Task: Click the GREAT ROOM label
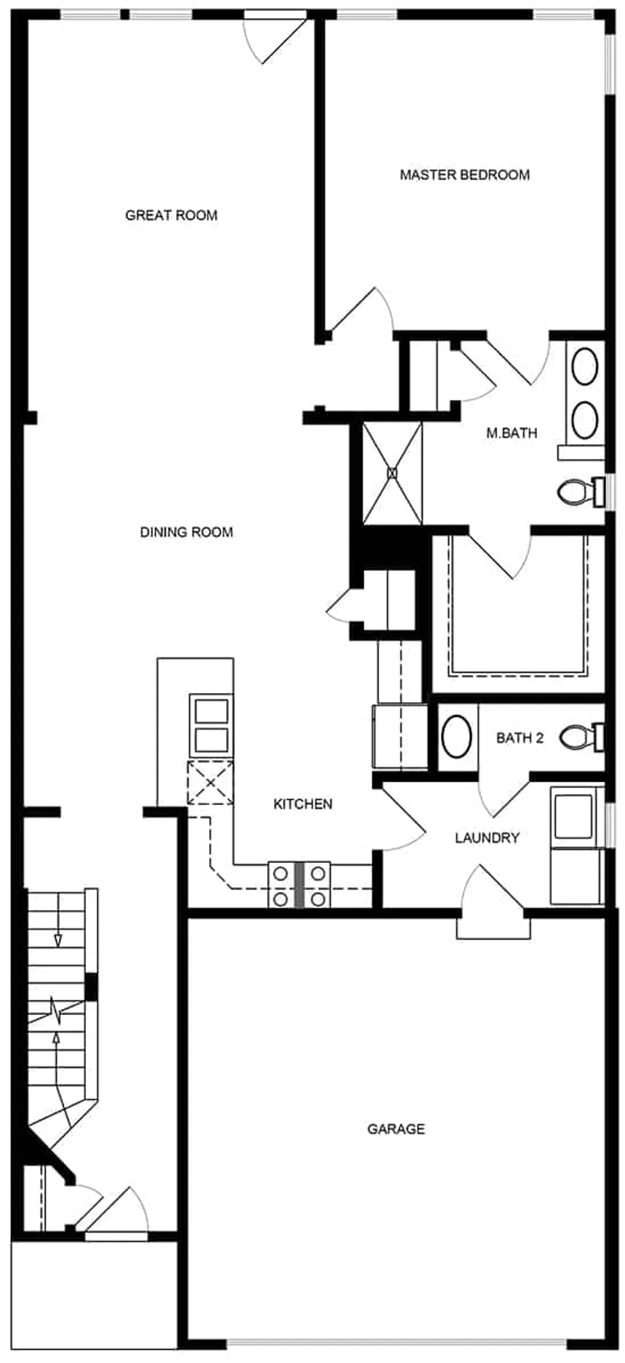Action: pyautogui.click(x=171, y=215)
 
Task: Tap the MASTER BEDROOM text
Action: pyautogui.click(x=464, y=175)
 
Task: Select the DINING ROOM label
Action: pyautogui.click(x=186, y=532)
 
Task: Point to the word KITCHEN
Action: pyautogui.click(x=302, y=804)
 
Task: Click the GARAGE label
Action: pyautogui.click(x=395, y=1129)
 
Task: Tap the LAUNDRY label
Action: pyautogui.click(x=487, y=838)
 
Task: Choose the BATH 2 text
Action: pyautogui.click(x=520, y=738)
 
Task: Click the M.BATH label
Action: pyautogui.click(x=512, y=433)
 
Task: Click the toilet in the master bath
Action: pyautogui.click(x=576, y=493)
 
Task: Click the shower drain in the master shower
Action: pyautogui.click(x=392, y=473)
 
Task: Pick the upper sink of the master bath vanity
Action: pyautogui.click(x=585, y=366)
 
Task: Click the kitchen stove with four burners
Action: pyautogui.click(x=299, y=884)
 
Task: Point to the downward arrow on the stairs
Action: pyautogui.click(x=57, y=940)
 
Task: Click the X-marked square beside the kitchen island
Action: pyautogui.click(x=210, y=782)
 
